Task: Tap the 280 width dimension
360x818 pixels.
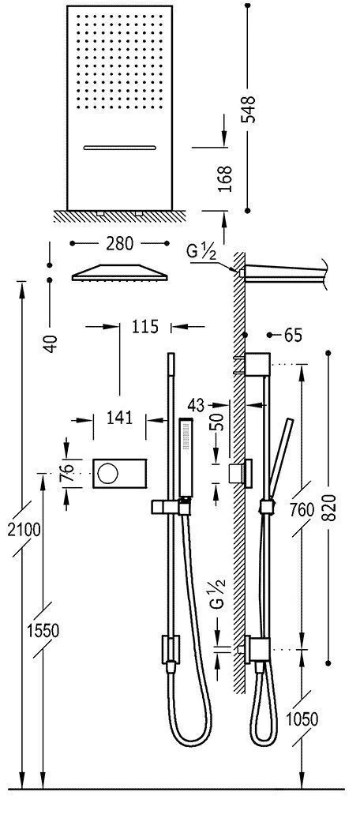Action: pos(120,243)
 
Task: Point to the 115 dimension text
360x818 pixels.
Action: pos(145,325)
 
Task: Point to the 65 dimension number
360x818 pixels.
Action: pos(292,336)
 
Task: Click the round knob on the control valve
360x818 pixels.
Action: pos(107,474)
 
